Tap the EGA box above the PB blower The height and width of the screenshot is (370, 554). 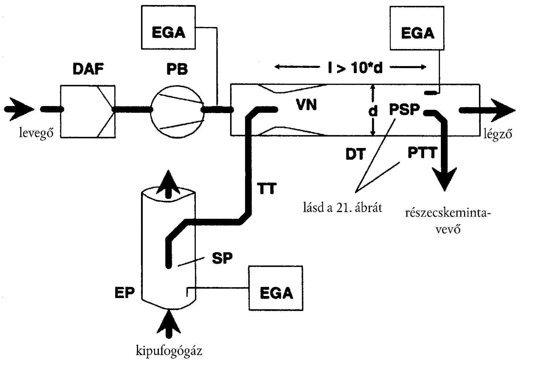168,27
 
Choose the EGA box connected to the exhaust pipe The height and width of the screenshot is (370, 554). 275,288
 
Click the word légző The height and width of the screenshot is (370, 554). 498,134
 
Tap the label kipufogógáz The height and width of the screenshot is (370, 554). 169,351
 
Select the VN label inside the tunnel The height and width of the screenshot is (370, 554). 307,105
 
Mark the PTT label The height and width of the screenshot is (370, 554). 422,153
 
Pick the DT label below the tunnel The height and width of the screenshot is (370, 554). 356,154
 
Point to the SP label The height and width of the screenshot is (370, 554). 222,258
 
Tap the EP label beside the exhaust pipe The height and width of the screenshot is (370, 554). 125,292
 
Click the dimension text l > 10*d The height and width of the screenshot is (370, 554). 355,68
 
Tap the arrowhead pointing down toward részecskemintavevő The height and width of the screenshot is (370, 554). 445,179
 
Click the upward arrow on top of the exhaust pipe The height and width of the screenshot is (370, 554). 168,182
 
